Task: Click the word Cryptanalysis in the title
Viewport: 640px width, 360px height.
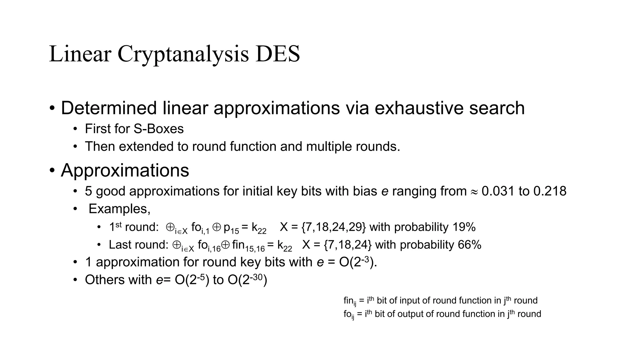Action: pyautogui.click(x=183, y=54)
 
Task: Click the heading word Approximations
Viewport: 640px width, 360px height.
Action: pyautogui.click(x=125, y=170)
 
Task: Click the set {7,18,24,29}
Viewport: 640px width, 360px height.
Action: pyautogui.click(x=334, y=227)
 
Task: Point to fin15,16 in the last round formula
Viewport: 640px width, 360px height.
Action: pyautogui.click(x=248, y=246)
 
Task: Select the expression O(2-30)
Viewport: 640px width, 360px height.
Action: pyautogui.click(x=247, y=280)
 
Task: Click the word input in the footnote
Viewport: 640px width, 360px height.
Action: pyautogui.click(x=408, y=301)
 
